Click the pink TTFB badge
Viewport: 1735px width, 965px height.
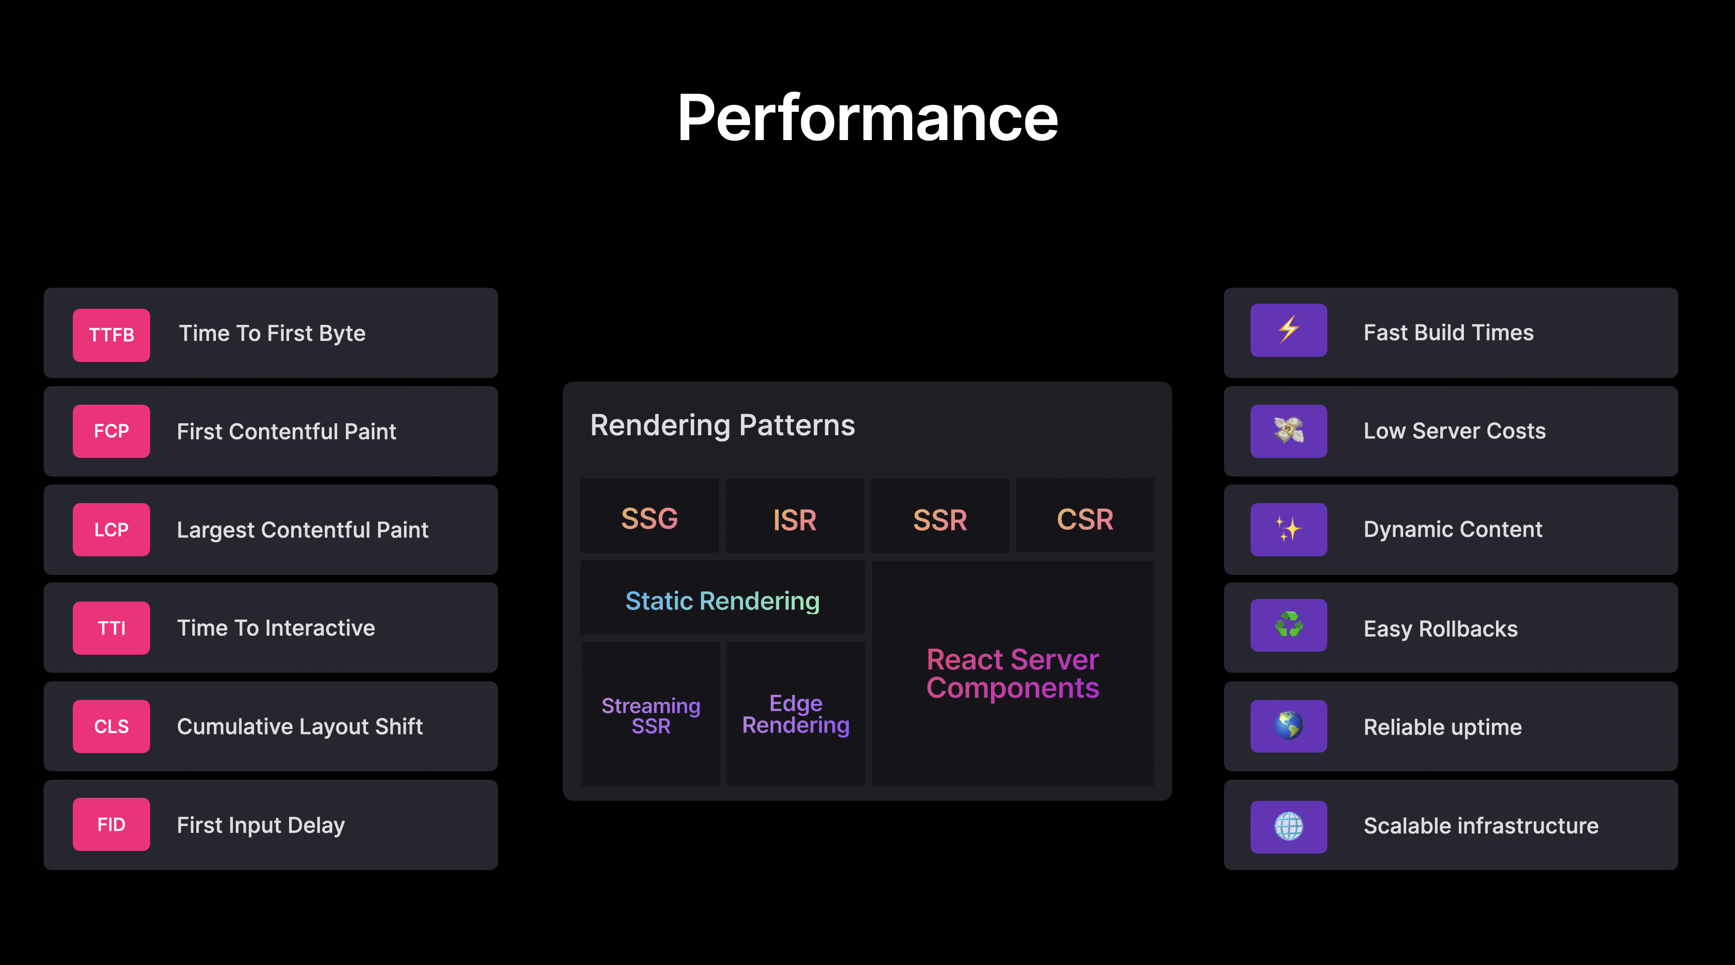(111, 335)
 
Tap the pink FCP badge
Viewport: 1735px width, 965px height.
(111, 431)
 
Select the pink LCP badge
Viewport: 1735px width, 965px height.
(111, 529)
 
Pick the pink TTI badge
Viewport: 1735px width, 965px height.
(111, 628)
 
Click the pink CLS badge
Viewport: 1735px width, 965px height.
(111, 726)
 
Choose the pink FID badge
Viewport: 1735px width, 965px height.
(111, 824)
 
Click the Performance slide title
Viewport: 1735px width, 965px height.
(867, 118)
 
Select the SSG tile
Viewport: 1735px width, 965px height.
(649, 516)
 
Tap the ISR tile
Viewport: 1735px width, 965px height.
(795, 516)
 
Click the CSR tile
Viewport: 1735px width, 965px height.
(1085, 516)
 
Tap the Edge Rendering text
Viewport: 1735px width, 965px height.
(795, 714)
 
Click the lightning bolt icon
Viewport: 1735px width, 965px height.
(1289, 329)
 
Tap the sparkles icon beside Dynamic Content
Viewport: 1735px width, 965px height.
(1289, 529)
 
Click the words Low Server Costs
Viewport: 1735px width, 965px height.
(1455, 431)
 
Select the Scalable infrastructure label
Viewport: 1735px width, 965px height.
(1481, 825)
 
